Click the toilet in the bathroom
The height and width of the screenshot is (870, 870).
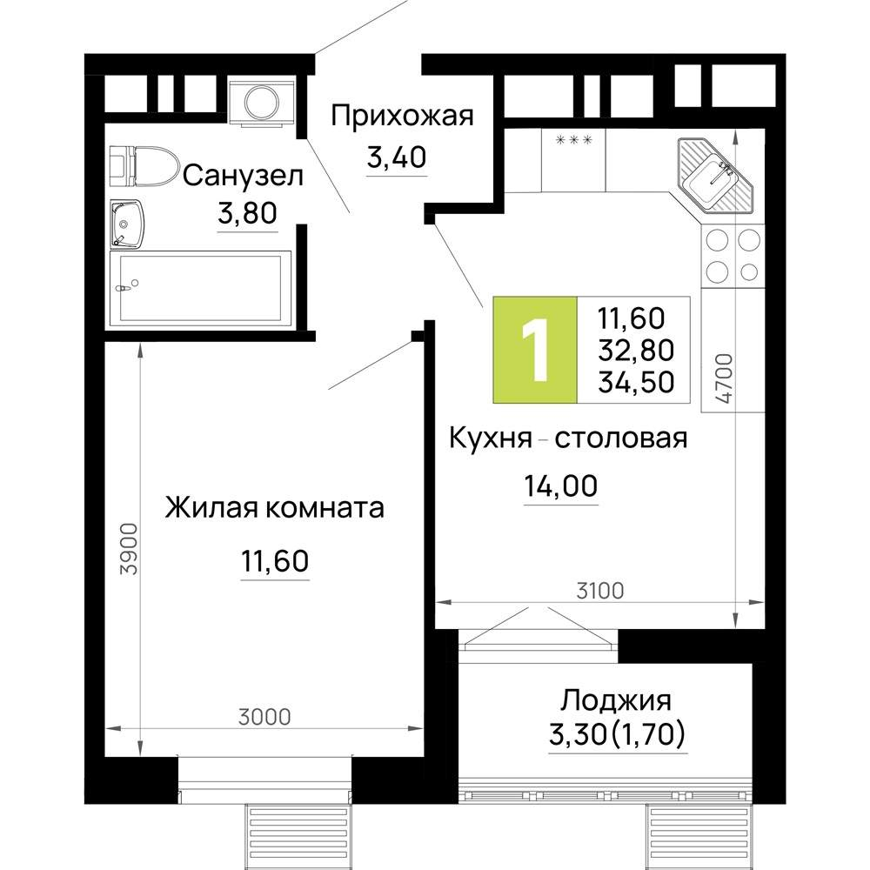(x=144, y=166)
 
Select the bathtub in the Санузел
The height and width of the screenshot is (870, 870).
(x=200, y=288)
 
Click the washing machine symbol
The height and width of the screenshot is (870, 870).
(x=261, y=102)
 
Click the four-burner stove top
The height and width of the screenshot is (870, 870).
(x=733, y=257)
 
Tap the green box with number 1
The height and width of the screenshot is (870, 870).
(x=535, y=350)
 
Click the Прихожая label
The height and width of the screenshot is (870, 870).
(x=402, y=117)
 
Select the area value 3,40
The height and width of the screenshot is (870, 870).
(x=396, y=157)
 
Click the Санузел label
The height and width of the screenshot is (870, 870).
(x=243, y=177)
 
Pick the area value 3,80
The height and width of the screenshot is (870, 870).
(x=247, y=212)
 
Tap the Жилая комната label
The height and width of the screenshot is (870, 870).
(x=275, y=508)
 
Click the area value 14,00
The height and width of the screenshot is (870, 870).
(x=561, y=485)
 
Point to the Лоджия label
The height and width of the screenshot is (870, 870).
(x=616, y=700)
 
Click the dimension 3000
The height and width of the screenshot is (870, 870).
(x=264, y=717)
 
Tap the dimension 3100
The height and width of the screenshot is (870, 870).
(x=600, y=591)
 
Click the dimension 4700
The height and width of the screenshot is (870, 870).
(x=724, y=378)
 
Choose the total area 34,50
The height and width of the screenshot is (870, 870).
(x=636, y=382)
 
